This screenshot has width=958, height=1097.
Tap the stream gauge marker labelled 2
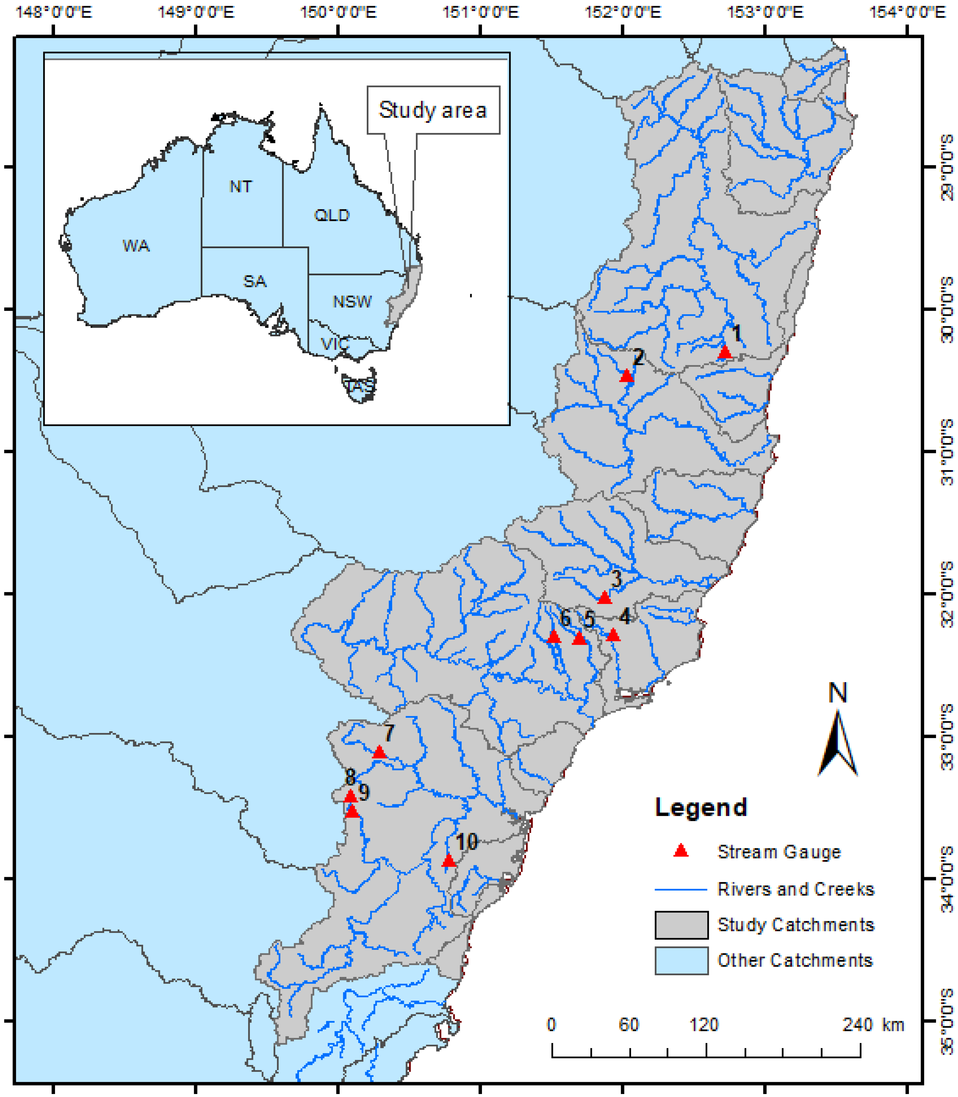coord(626,376)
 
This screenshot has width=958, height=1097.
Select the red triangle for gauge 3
coord(604,598)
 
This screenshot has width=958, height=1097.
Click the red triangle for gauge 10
coord(449,861)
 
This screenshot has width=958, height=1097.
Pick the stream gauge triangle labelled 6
coord(554,637)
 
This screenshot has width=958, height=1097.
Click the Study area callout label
coord(433,110)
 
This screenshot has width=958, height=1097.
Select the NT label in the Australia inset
coord(240,186)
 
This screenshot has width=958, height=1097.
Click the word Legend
coord(701,807)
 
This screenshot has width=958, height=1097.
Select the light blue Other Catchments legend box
coord(681,961)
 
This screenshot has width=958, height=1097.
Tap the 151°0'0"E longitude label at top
coord(480,12)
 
